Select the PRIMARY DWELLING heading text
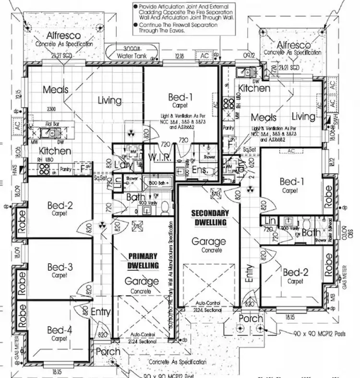point(143,260)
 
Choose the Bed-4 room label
point(60,330)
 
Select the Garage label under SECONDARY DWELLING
point(209,242)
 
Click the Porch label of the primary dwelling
point(108,352)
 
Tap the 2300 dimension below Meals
point(52,109)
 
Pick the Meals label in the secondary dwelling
point(264,117)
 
